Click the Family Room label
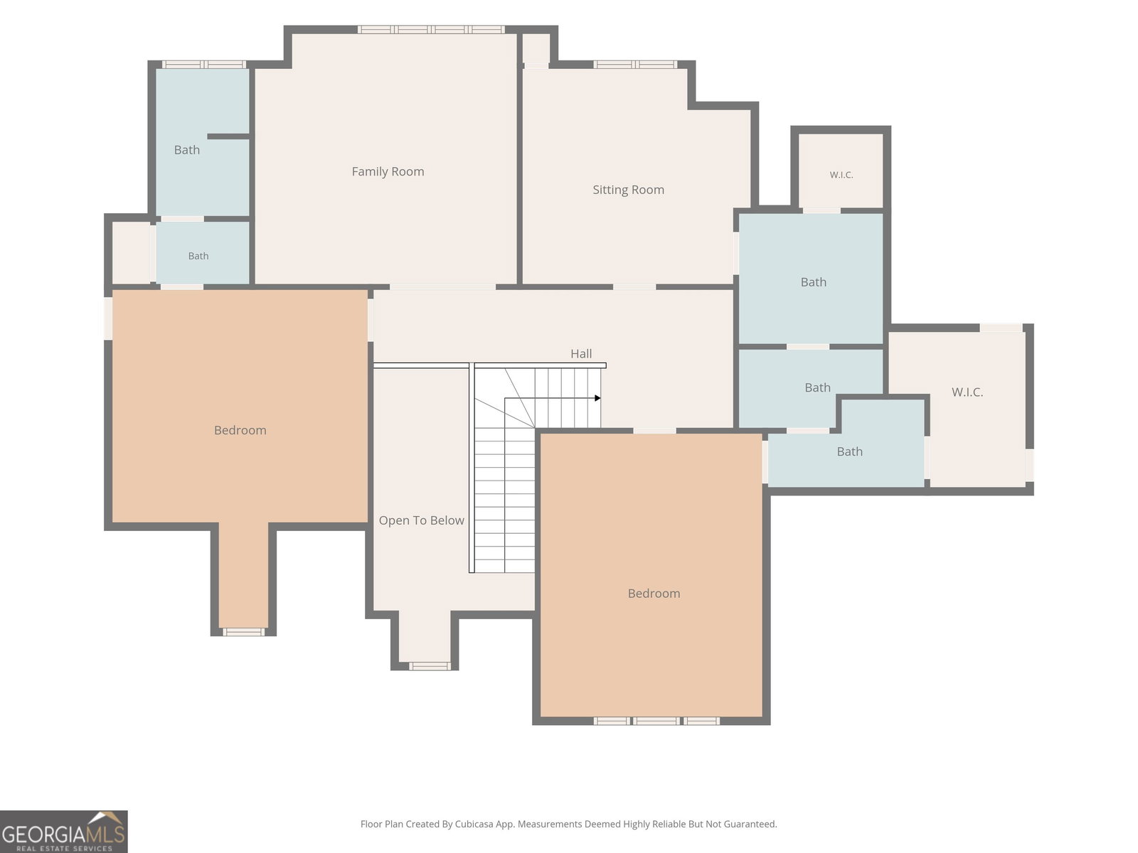388,171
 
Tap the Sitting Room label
628,190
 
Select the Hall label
581,354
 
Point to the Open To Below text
421,520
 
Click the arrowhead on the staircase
597,398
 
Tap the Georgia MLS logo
64,831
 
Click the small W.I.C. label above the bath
841,175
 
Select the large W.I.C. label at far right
967,392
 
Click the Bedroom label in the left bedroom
240,430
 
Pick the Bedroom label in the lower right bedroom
654,594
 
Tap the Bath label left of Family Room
186,150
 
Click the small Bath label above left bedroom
198,256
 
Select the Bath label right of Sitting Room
814,282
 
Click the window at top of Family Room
431,30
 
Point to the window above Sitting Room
635,64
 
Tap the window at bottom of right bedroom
656,721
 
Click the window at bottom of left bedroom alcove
244,632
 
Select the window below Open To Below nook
430,666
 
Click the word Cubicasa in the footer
474,824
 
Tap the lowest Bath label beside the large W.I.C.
850,451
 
